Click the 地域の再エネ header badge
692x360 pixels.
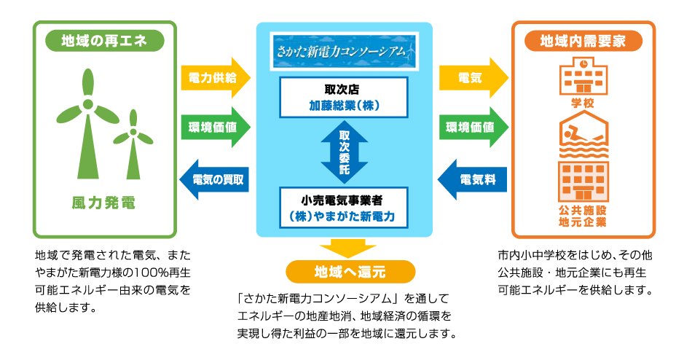[x=104, y=41]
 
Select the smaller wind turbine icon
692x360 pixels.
[x=133, y=146]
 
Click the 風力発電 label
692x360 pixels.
[x=103, y=202]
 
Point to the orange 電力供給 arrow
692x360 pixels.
[x=215, y=76]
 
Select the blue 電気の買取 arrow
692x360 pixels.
[x=215, y=179]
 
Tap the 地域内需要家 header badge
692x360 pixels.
[x=583, y=41]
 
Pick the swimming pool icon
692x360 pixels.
[x=583, y=132]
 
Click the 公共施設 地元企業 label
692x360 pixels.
[x=583, y=215]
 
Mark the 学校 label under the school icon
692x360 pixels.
[x=583, y=102]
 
